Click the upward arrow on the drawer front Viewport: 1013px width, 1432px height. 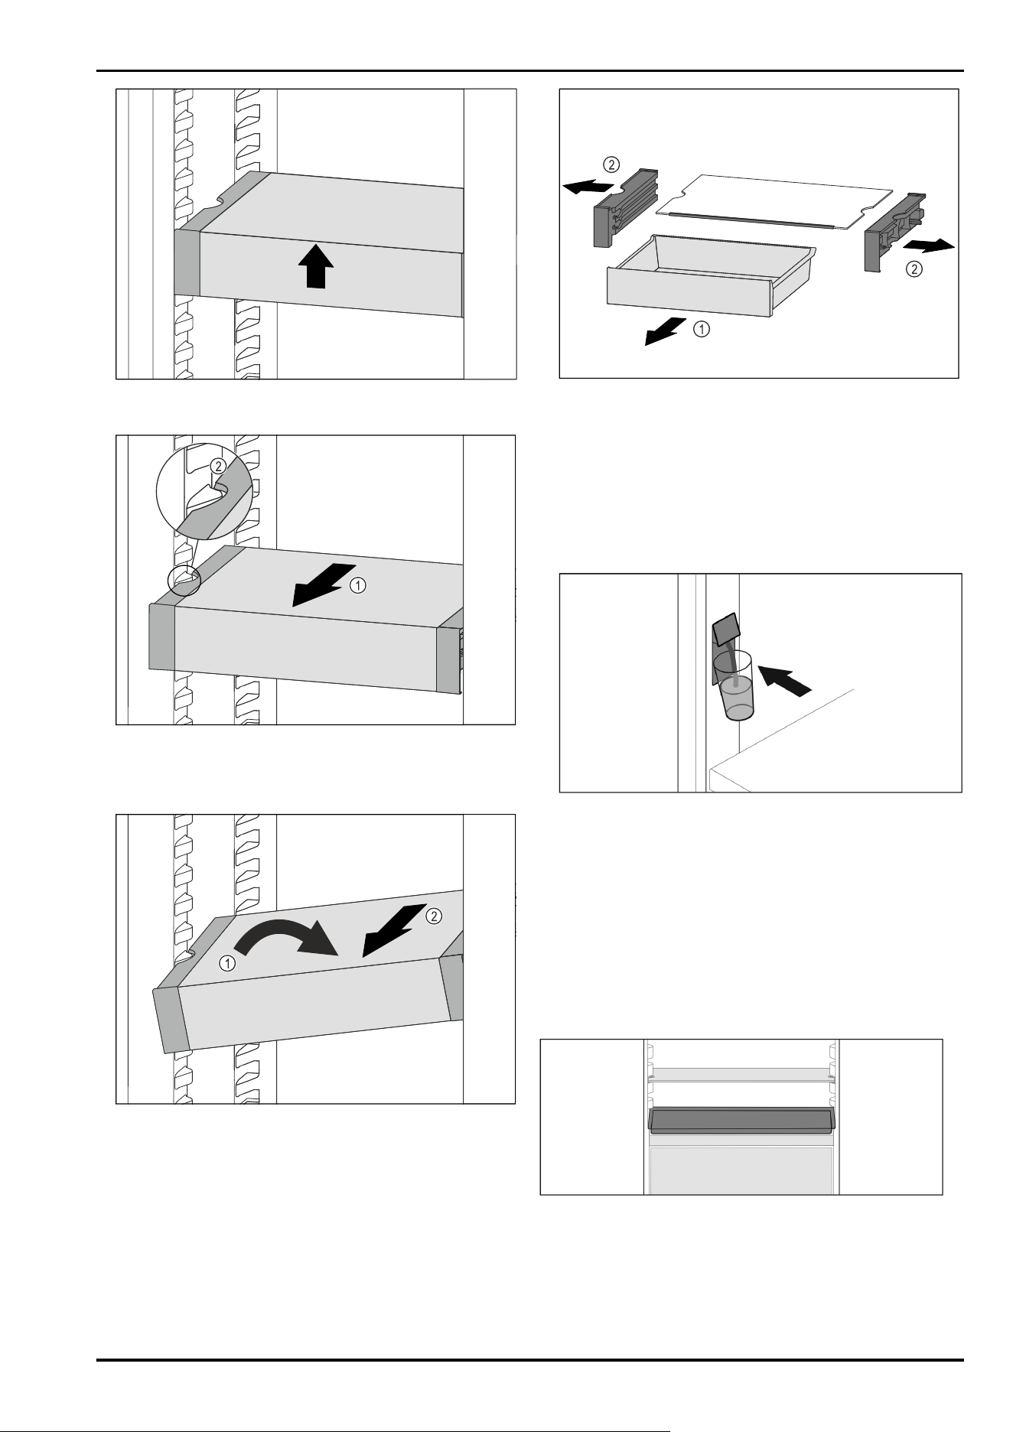pos(315,269)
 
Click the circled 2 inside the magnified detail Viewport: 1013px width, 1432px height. pos(218,466)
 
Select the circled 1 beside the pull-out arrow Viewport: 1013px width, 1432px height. pos(357,586)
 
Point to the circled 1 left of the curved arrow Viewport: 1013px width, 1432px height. pos(227,964)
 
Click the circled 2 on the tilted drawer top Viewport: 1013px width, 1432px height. pos(432,916)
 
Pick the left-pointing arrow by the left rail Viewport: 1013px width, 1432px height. pos(587,185)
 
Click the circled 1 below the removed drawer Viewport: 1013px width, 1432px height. pos(701,330)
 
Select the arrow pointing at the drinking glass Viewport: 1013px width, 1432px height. pos(784,680)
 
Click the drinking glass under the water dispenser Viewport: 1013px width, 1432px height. pos(735,686)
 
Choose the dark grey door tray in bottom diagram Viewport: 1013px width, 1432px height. pos(741,1121)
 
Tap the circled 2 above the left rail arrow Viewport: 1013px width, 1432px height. pos(611,164)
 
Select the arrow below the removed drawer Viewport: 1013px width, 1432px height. pos(666,332)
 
